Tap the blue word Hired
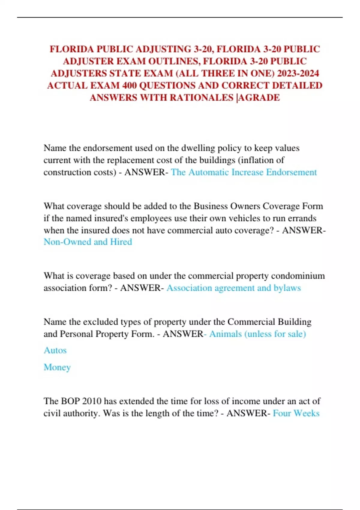121,242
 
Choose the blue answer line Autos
55,350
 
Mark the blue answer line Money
57,367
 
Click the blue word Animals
225,334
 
